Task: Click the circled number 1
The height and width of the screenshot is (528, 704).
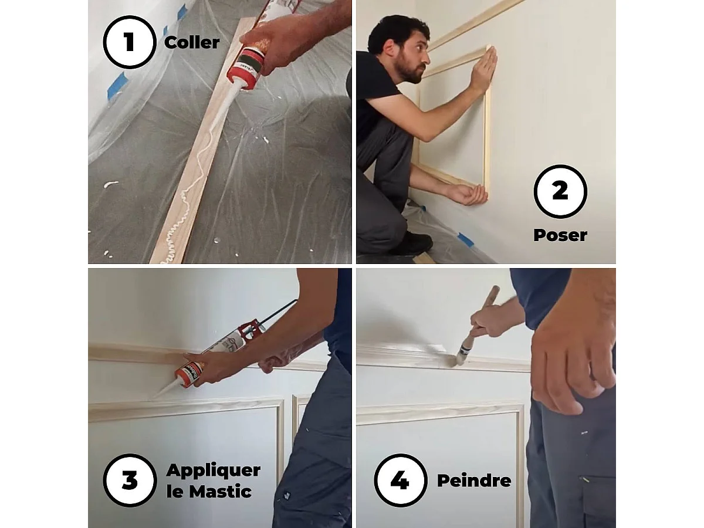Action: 130,43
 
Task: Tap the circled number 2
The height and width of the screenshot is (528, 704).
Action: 560,191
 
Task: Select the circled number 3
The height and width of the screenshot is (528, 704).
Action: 130,480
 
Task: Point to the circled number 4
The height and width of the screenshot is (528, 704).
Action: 400,480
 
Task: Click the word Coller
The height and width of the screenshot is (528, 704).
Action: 192,43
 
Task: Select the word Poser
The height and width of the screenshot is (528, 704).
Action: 560,235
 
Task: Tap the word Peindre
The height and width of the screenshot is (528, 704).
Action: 474,481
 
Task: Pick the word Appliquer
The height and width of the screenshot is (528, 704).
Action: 213,471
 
